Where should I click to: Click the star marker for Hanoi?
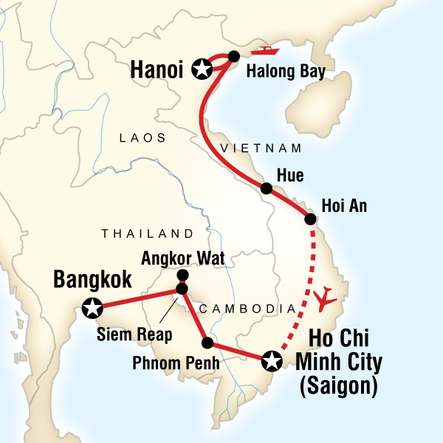pos(201,70)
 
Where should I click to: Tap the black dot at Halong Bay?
pos(234,56)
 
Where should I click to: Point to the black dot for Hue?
pos(267,189)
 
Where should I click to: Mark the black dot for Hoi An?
pos(311,219)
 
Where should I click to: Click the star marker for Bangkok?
pos(92,308)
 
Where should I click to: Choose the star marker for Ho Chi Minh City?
pos(272,360)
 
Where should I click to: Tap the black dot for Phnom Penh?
pos(207,343)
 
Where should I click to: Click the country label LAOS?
pos(142,138)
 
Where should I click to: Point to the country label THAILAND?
pos(147,233)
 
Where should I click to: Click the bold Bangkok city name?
pos(92,281)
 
